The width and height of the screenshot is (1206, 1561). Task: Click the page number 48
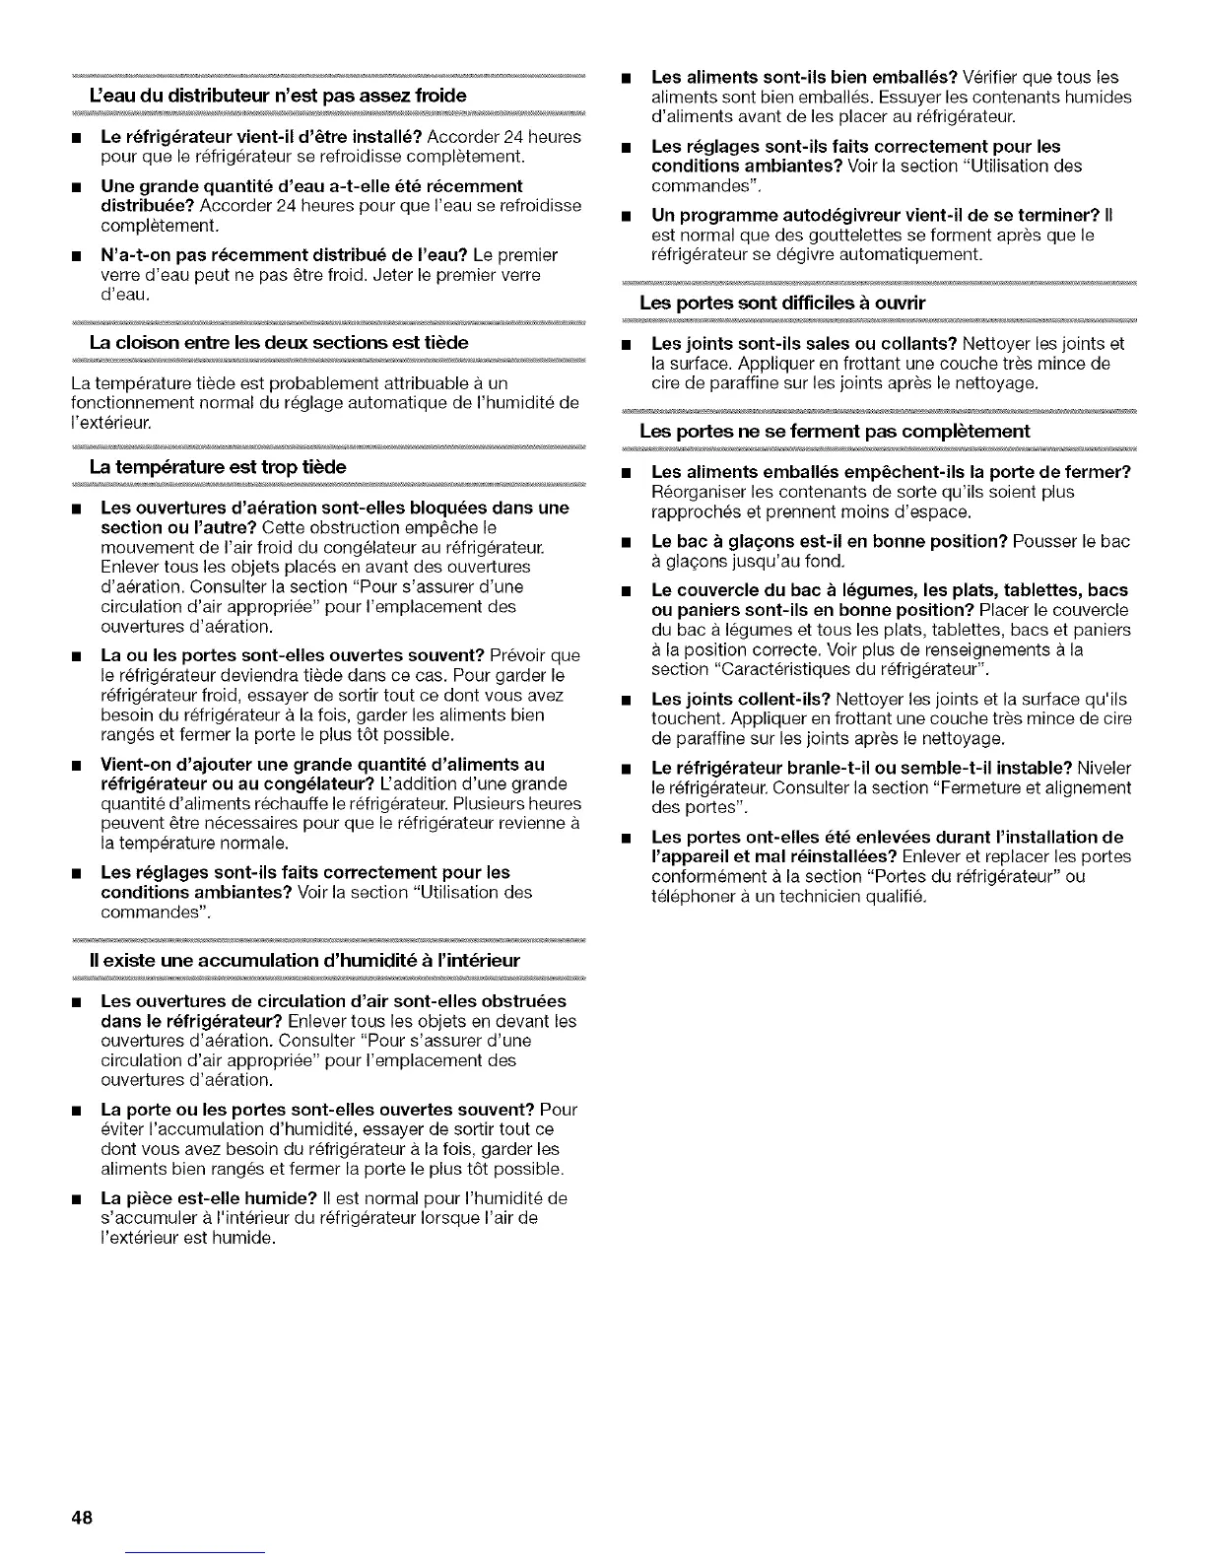[81, 1518]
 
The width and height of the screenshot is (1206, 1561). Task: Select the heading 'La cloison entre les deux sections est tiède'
[279, 342]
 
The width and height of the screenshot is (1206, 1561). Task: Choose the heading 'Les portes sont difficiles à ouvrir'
[782, 303]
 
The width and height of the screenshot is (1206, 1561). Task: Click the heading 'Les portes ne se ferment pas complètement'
[835, 431]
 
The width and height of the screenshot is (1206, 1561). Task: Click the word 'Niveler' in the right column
[1105, 768]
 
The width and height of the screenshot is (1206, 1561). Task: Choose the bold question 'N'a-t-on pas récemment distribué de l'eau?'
[315, 255]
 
